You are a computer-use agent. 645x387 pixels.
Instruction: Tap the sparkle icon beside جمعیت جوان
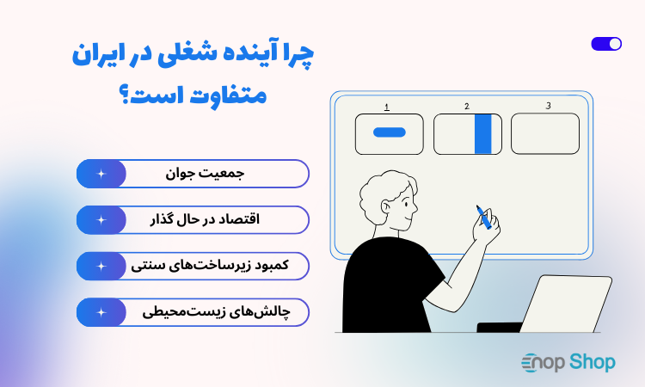[101, 174]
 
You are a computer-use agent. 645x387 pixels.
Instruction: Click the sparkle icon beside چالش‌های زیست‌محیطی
[101, 312]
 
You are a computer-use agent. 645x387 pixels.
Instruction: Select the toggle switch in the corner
[606, 44]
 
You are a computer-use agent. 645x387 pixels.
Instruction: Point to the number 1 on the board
[387, 107]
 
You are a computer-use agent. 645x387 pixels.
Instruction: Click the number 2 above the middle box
[466, 107]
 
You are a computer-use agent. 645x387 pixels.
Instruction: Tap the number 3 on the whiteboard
[548, 106]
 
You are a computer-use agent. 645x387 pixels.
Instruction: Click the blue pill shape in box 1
[389, 132]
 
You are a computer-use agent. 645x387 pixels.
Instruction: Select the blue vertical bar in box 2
[483, 133]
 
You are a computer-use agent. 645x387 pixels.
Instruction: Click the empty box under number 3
[545, 133]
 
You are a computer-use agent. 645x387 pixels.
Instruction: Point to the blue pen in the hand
[484, 217]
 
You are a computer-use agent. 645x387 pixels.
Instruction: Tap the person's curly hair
[383, 191]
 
